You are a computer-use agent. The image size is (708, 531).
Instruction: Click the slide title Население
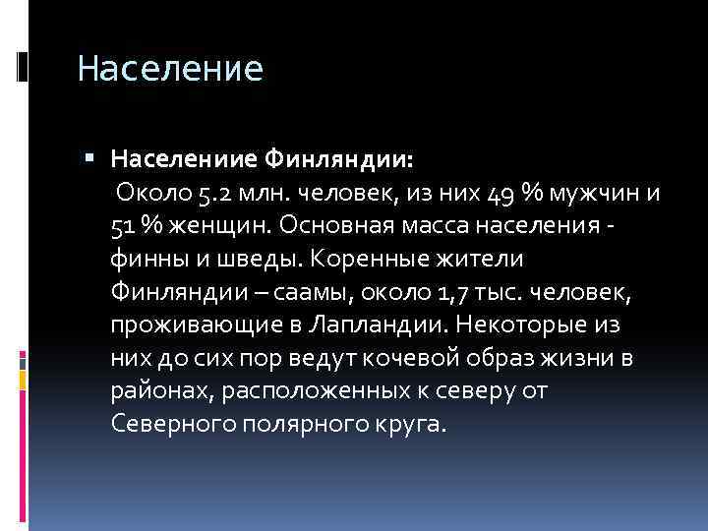pyautogui.click(x=170, y=70)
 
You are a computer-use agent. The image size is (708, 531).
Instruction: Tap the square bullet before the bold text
pyautogui.click(x=89, y=156)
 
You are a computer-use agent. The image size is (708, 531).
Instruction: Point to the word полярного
pyautogui.click(x=300, y=424)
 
